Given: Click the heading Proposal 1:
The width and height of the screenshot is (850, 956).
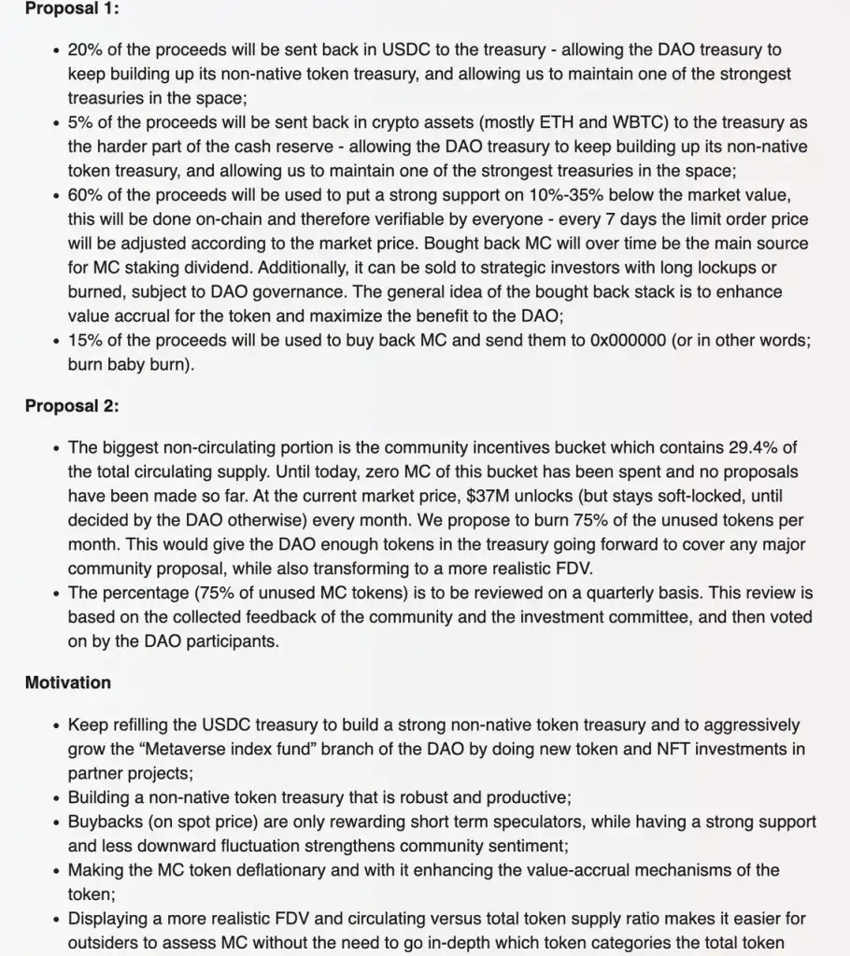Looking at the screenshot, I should [x=72, y=8].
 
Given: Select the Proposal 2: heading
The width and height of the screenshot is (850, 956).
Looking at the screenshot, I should [x=72, y=406].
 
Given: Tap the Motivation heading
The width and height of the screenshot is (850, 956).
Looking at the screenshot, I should [x=67, y=682].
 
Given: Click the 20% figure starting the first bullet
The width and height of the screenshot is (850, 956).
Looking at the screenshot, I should [x=85, y=49].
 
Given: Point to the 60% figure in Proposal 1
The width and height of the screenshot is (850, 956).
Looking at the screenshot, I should [x=85, y=195].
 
